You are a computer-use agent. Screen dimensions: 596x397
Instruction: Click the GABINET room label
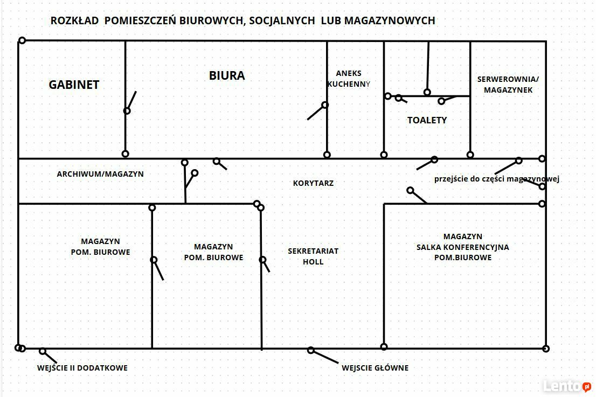(74, 85)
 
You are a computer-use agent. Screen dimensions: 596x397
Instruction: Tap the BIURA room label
(227, 75)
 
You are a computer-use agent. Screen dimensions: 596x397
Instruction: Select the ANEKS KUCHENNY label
(349, 79)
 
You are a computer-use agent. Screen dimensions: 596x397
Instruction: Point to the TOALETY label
(427, 120)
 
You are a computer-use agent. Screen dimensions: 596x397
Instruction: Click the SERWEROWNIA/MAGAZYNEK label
(508, 85)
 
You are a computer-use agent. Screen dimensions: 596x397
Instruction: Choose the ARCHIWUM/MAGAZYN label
(100, 174)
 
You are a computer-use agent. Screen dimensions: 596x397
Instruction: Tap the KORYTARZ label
(313, 183)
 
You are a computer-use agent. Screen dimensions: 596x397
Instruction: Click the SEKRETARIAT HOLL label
(313, 256)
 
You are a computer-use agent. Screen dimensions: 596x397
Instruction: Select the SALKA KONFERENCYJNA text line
(462, 247)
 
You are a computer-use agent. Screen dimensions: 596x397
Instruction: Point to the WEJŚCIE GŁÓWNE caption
(375, 368)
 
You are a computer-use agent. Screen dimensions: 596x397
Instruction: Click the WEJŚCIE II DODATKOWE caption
(82, 368)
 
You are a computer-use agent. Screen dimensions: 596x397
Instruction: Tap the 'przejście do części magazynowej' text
(497, 179)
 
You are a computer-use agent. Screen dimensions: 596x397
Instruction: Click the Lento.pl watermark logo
(567, 386)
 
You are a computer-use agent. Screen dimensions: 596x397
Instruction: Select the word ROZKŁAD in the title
(74, 20)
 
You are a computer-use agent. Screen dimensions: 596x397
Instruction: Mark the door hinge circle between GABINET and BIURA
(127, 111)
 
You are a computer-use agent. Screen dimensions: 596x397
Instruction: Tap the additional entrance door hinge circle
(43, 351)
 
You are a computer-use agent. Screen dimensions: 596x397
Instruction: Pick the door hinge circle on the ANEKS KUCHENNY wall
(325, 105)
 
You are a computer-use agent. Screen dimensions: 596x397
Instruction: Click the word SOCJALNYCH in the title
(282, 20)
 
